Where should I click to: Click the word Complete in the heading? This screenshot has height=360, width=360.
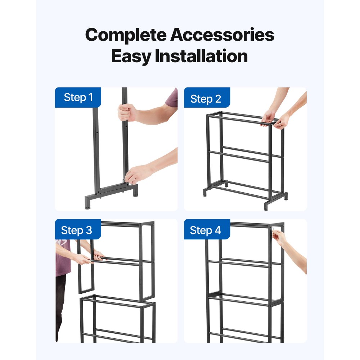[x=125, y=35]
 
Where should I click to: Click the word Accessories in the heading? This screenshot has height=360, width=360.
[x=222, y=35]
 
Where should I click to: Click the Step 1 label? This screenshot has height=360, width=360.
[x=78, y=97]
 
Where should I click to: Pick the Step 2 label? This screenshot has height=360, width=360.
[x=206, y=99]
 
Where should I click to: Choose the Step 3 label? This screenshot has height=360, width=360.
[x=76, y=230]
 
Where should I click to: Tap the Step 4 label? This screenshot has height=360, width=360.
[x=205, y=230]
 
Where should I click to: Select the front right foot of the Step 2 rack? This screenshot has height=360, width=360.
[x=268, y=206]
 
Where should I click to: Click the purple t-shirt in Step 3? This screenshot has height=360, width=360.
[x=63, y=257]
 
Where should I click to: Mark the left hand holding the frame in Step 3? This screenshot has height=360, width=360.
[x=84, y=258]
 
